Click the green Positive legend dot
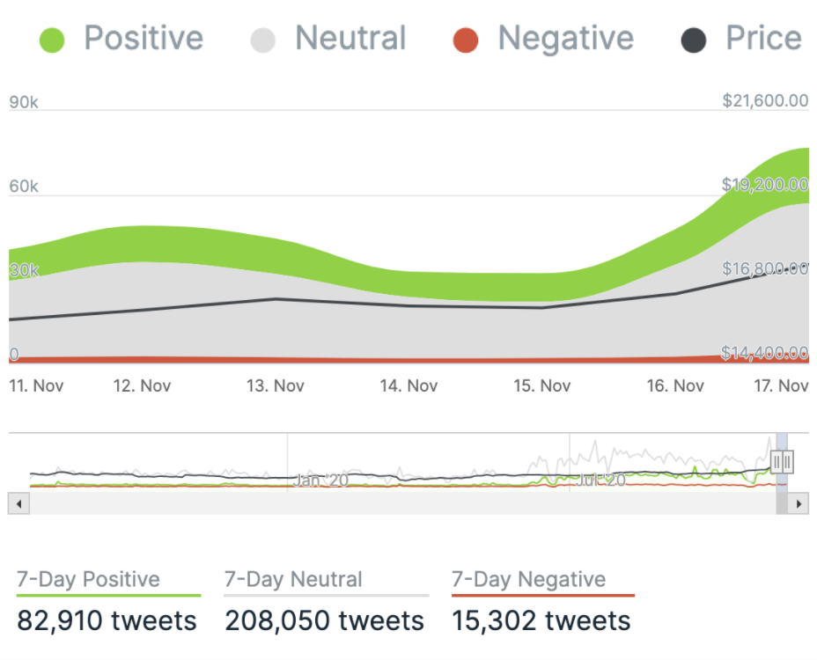pos(53,40)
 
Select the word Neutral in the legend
pos(350,39)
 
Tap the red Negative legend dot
pos(466,40)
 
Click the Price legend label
pos(762,39)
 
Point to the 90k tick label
pos(24,102)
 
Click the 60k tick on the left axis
pos(24,187)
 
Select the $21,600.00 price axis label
pos(765,100)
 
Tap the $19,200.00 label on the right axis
pos(765,184)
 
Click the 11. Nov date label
pos(36,385)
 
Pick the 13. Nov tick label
pos(276,385)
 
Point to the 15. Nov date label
pos(541,385)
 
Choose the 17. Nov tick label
pos(782,385)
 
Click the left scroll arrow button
pos(18,504)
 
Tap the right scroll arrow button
pos(798,504)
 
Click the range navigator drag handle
pos(783,461)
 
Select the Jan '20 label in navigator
pos(321,480)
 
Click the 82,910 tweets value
pos(107,620)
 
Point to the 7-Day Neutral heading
pos(293,580)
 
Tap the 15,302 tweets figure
pos(541,620)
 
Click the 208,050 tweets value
pos(325,620)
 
